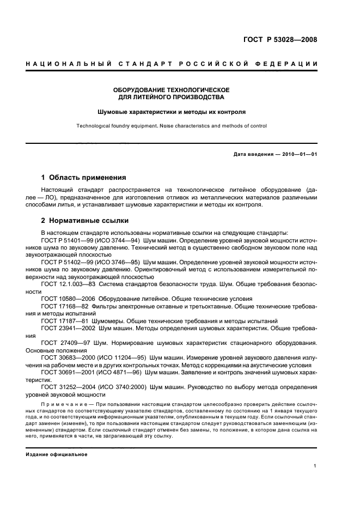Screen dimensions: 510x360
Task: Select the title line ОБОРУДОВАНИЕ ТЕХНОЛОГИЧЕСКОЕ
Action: pos(171,89)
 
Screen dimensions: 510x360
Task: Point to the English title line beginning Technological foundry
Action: pos(171,126)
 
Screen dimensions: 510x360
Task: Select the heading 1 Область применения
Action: pos(84,178)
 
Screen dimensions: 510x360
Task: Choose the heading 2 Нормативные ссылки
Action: pos(85,221)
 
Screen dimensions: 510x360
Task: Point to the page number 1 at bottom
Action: pos(315,466)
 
